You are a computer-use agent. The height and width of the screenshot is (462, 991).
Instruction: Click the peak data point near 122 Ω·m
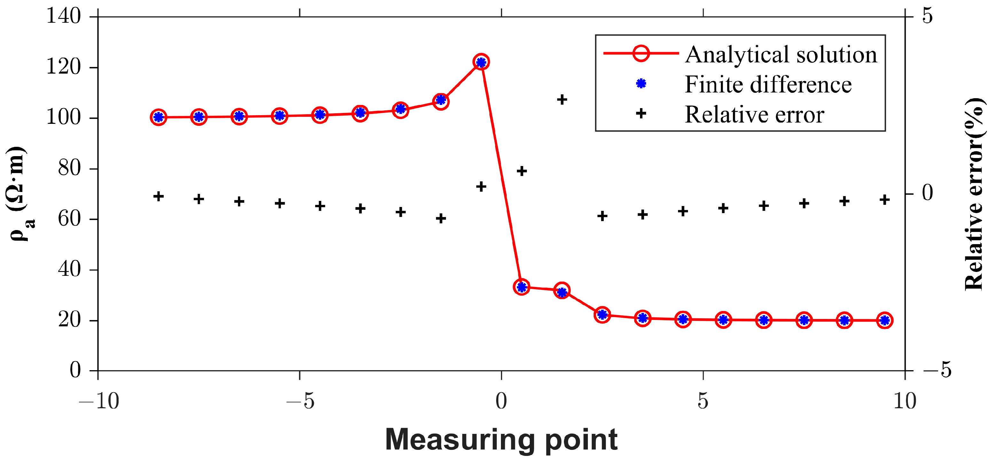(481, 62)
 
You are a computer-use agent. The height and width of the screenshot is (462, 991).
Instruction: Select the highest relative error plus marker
(562, 100)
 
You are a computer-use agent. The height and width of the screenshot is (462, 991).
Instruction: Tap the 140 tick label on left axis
(64, 17)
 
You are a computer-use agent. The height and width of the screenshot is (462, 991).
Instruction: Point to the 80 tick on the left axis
(69, 168)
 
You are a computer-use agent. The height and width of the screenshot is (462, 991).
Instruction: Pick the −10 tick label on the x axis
(98, 401)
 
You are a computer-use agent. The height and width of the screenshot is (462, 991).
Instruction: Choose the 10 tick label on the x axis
(905, 401)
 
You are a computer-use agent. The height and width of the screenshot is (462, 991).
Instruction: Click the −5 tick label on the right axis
(937, 370)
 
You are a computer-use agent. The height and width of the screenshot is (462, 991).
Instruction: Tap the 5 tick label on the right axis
(927, 16)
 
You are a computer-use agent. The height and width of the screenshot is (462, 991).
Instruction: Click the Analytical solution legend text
(781, 54)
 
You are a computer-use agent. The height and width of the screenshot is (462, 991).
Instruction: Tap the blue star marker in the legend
(641, 84)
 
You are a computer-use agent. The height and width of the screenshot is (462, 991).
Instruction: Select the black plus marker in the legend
(641, 114)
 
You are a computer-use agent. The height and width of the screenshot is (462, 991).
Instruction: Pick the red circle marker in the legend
(641, 53)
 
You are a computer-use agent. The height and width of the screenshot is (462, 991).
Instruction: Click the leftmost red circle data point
(159, 117)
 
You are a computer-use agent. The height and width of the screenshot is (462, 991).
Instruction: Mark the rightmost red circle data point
(885, 320)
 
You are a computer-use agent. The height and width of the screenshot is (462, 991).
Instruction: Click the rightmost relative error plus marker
(885, 200)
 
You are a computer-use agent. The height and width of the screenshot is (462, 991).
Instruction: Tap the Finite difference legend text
(768, 84)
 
